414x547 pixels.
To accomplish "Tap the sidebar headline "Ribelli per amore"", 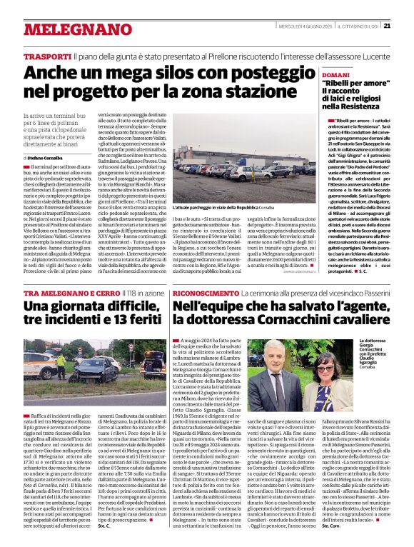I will click(x=348, y=84).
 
